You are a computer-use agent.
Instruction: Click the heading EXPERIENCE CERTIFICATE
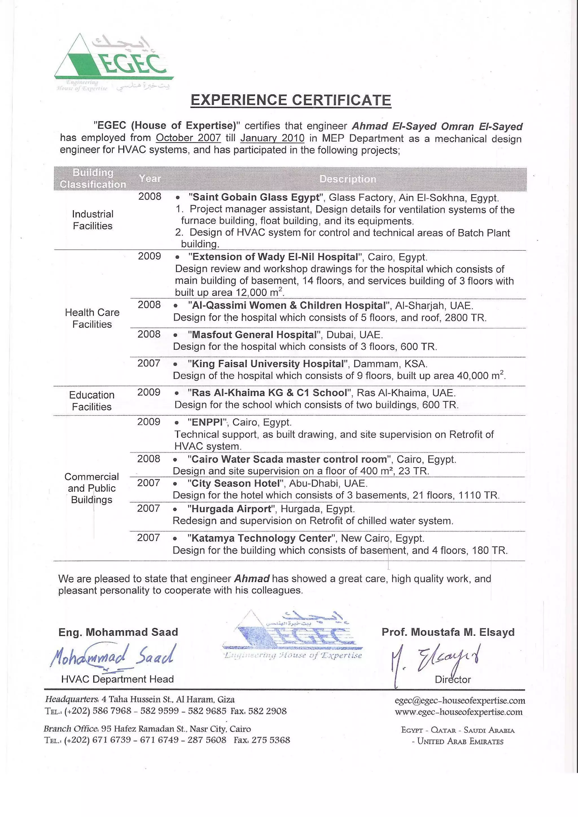(x=291, y=100)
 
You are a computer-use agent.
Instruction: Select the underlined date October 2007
(x=188, y=138)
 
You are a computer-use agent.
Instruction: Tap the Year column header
(x=150, y=179)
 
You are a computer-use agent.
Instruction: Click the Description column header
(x=347, y=179)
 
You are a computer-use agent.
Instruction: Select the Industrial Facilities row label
(x=93, y=220)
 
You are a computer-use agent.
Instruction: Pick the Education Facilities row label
(x=92, y=401)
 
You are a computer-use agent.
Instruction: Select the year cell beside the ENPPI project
(x=149, y=422)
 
